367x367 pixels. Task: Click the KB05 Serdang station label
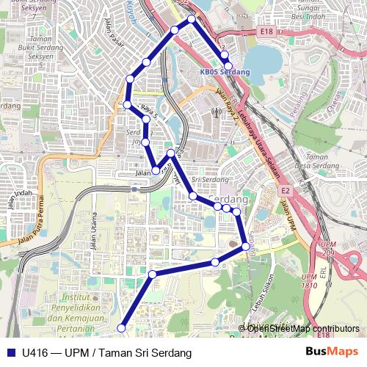tap(225, 72)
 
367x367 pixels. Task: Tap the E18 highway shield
tap(265, 32)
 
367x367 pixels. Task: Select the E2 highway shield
tap(286, 191)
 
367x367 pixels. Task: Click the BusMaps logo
tap(331, 352)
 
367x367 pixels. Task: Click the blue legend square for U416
tap(11, 353)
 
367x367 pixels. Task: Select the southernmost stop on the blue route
tap(121, 328)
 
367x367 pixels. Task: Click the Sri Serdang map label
tap(206, 179)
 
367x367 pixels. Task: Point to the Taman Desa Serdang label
tap(316, 161)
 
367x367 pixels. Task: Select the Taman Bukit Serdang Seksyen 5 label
tap(29, 51)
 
